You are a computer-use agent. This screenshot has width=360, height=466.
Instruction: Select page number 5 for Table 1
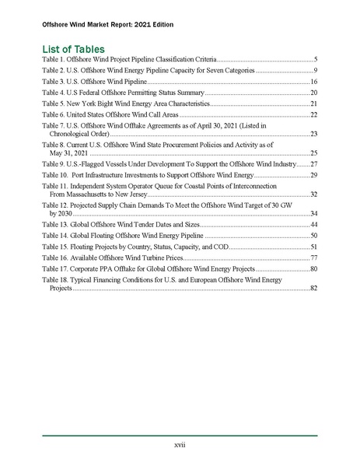pyautogui.click(x=315, y=59)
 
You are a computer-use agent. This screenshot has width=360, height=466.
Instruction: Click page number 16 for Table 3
pyautogui.click(x=313, y=81)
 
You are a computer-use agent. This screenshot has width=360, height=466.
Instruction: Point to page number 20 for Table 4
pyautogui.click(x=313, y=92)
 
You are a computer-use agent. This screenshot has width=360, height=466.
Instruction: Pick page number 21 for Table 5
pyautogui.click(x=313, y=103)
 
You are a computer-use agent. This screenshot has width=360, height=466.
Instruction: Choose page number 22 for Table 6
pyautogui.click(x=313, y=114)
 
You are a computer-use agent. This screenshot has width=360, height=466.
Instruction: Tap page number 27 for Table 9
pyautogui.click(x=313, y=164)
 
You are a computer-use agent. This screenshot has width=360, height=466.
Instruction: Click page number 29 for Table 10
pyautogui.click(x=313, y=175)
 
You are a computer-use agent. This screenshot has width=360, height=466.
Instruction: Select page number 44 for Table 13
pyautogui.click(x=313, y=224)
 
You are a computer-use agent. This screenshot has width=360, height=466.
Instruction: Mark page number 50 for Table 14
pyautogui.click(x=313, y=235)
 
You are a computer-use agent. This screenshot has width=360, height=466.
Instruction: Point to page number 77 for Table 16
pyautogui.click(x=313, y=257)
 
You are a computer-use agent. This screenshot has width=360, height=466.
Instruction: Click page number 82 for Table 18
pyautogui.click(x=313, y=288)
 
